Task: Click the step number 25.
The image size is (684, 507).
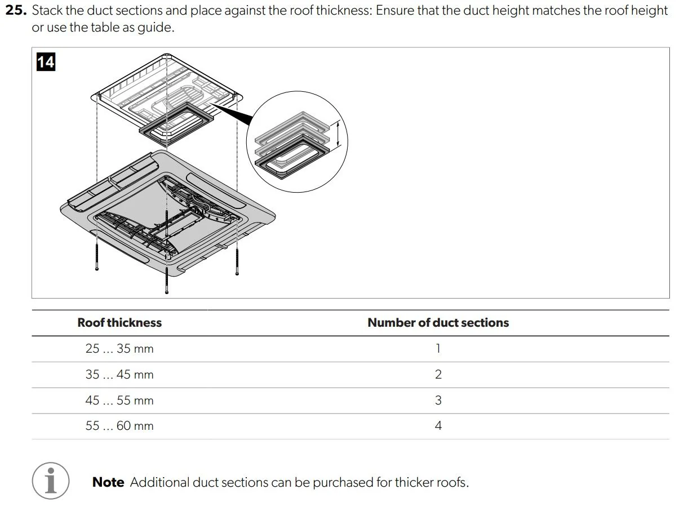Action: pos(15,11)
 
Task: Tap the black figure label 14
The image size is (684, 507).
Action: pos(46,61)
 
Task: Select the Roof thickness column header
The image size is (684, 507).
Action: pos(119,323)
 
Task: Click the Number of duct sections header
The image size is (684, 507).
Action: pos(438,323)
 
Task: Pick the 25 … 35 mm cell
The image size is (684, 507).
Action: pos(119,349)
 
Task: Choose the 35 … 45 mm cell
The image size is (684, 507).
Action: pos(119,375)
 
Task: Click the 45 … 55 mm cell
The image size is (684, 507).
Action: pos(119,401)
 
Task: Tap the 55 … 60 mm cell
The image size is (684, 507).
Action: pos(119,426)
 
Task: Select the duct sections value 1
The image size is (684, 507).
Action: pos(438,349)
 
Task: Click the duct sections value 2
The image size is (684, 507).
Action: pos(438,375)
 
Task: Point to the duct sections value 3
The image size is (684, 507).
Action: pos(438,401)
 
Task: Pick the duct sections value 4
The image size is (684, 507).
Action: pos(438,426)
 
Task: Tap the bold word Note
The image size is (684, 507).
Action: pos(108,482)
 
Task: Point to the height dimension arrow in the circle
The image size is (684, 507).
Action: pos(337,135)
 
